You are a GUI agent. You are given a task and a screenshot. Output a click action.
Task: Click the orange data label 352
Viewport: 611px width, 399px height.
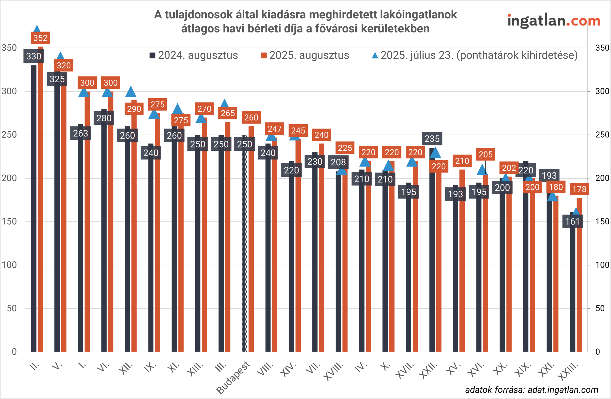[x=40, y=38]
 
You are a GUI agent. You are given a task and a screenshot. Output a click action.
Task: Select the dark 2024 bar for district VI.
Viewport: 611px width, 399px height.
[x=104, y=231]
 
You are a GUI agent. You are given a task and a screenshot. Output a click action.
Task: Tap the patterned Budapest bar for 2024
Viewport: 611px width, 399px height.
[x=245, y=244]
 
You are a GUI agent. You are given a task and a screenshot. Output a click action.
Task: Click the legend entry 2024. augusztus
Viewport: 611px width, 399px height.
[x=194, y=55]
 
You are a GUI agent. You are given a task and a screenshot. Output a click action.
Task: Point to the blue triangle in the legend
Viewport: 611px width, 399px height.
[x=375, y=55]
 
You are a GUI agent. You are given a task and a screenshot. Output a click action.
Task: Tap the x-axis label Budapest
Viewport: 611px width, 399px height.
[x=233, y=377]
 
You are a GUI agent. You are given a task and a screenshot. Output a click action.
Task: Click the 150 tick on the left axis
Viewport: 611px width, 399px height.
[x=9, y=221]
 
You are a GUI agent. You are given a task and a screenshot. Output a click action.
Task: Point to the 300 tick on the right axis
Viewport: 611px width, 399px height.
[x=602, y=91]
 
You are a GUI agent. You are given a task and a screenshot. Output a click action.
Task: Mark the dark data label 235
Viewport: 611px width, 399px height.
[x=432, y=139]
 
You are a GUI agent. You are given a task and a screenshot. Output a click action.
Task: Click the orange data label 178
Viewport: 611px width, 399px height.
[x=579, y=189]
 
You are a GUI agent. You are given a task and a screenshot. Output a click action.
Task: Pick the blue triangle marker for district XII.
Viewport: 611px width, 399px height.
[x=131, y=92]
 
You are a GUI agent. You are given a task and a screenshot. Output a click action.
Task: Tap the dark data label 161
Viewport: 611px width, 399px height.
[x=573, y=221]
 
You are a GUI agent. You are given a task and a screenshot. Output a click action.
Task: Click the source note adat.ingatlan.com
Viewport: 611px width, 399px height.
[x=532, y=390]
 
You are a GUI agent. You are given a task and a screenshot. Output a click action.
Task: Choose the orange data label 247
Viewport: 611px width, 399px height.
[x=275, y=129]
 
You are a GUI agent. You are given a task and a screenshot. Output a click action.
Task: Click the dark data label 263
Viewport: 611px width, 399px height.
[x=80, y=133]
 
